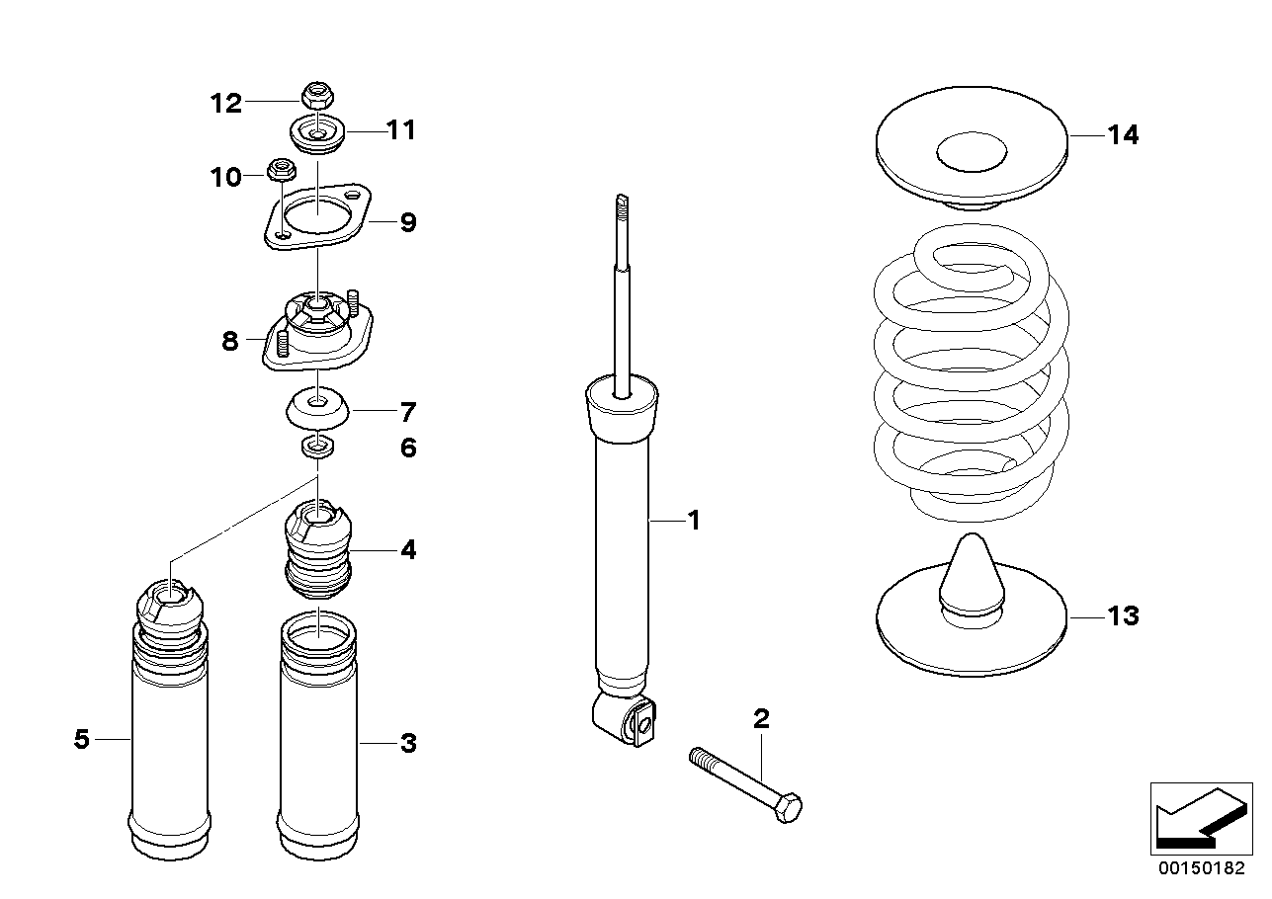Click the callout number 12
point(225,103)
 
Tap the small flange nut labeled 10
point(282,170)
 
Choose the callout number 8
point(229,342)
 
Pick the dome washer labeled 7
point(316,409)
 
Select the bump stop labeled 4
point(317,553)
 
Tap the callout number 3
point(408,743)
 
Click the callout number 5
point(82,739)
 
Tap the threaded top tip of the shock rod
point(622,204)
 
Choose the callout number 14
point(1122,136)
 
